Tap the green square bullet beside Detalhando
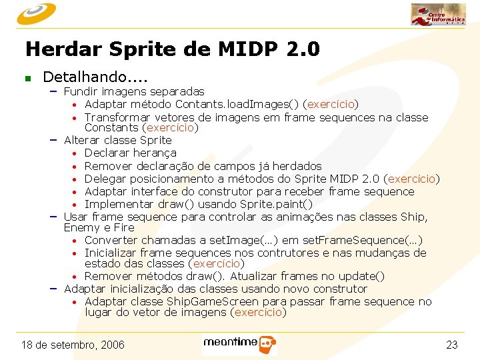[27, 79]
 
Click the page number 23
[451, 345]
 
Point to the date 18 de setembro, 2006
[73, 345]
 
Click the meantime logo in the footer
[239, 344]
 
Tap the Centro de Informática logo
[438, 15]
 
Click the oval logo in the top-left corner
[37, 13]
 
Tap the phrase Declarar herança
[131, 153]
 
